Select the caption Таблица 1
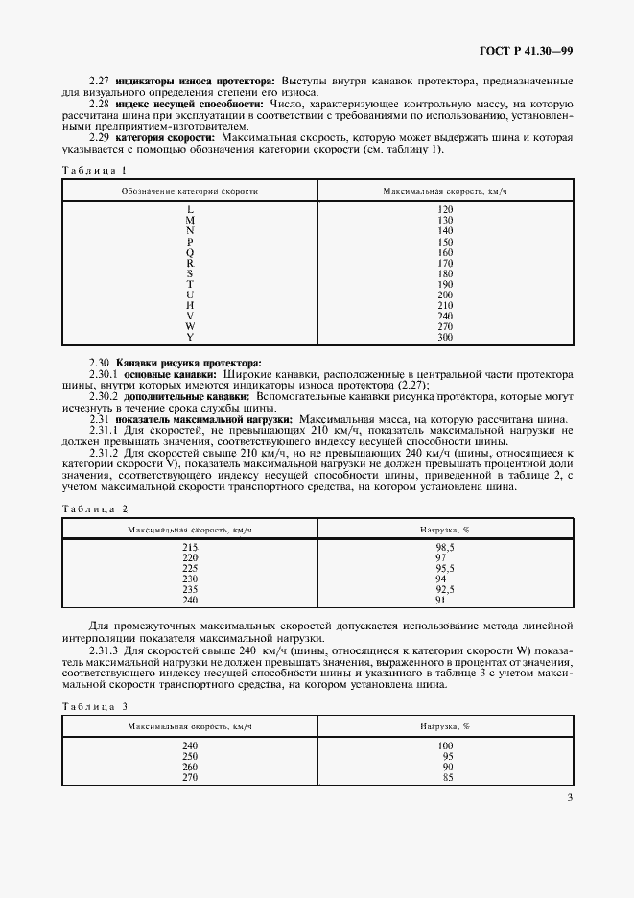(x=94, y=170)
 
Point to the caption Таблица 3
(x=94, y=706)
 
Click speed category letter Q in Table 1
(x=190, y=252)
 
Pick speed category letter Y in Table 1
(x=190, y=337)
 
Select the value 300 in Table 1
(x=444, y=337)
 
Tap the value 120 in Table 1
(x=444, y=209)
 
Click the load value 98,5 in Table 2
(x=444, y=547)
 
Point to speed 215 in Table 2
(x=190, y=547)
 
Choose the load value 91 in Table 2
(x=444, y=600)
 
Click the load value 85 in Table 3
(x=444, y=777)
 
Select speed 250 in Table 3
(x=190, y=756)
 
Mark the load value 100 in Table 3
(x=444, y=745)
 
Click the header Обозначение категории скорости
(x=190, y=192)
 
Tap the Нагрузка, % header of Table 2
(x=444, y=529)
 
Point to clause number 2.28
(x=100, y=103)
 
